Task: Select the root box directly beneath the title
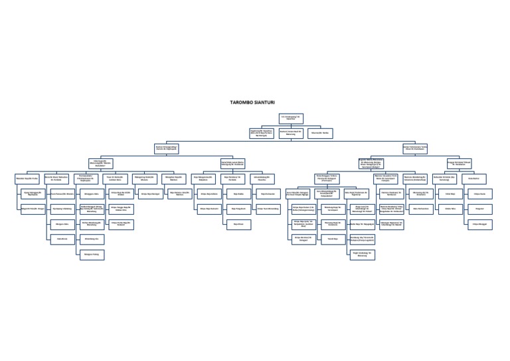tap(291, 118)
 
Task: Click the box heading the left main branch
tap(169, 147)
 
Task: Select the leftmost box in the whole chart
tap(27, 178)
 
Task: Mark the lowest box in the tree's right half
tap(362, 254)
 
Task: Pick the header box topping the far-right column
tap(474, 178)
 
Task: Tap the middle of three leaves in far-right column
tap(479, 208)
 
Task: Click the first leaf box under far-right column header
tap(479, 193)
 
